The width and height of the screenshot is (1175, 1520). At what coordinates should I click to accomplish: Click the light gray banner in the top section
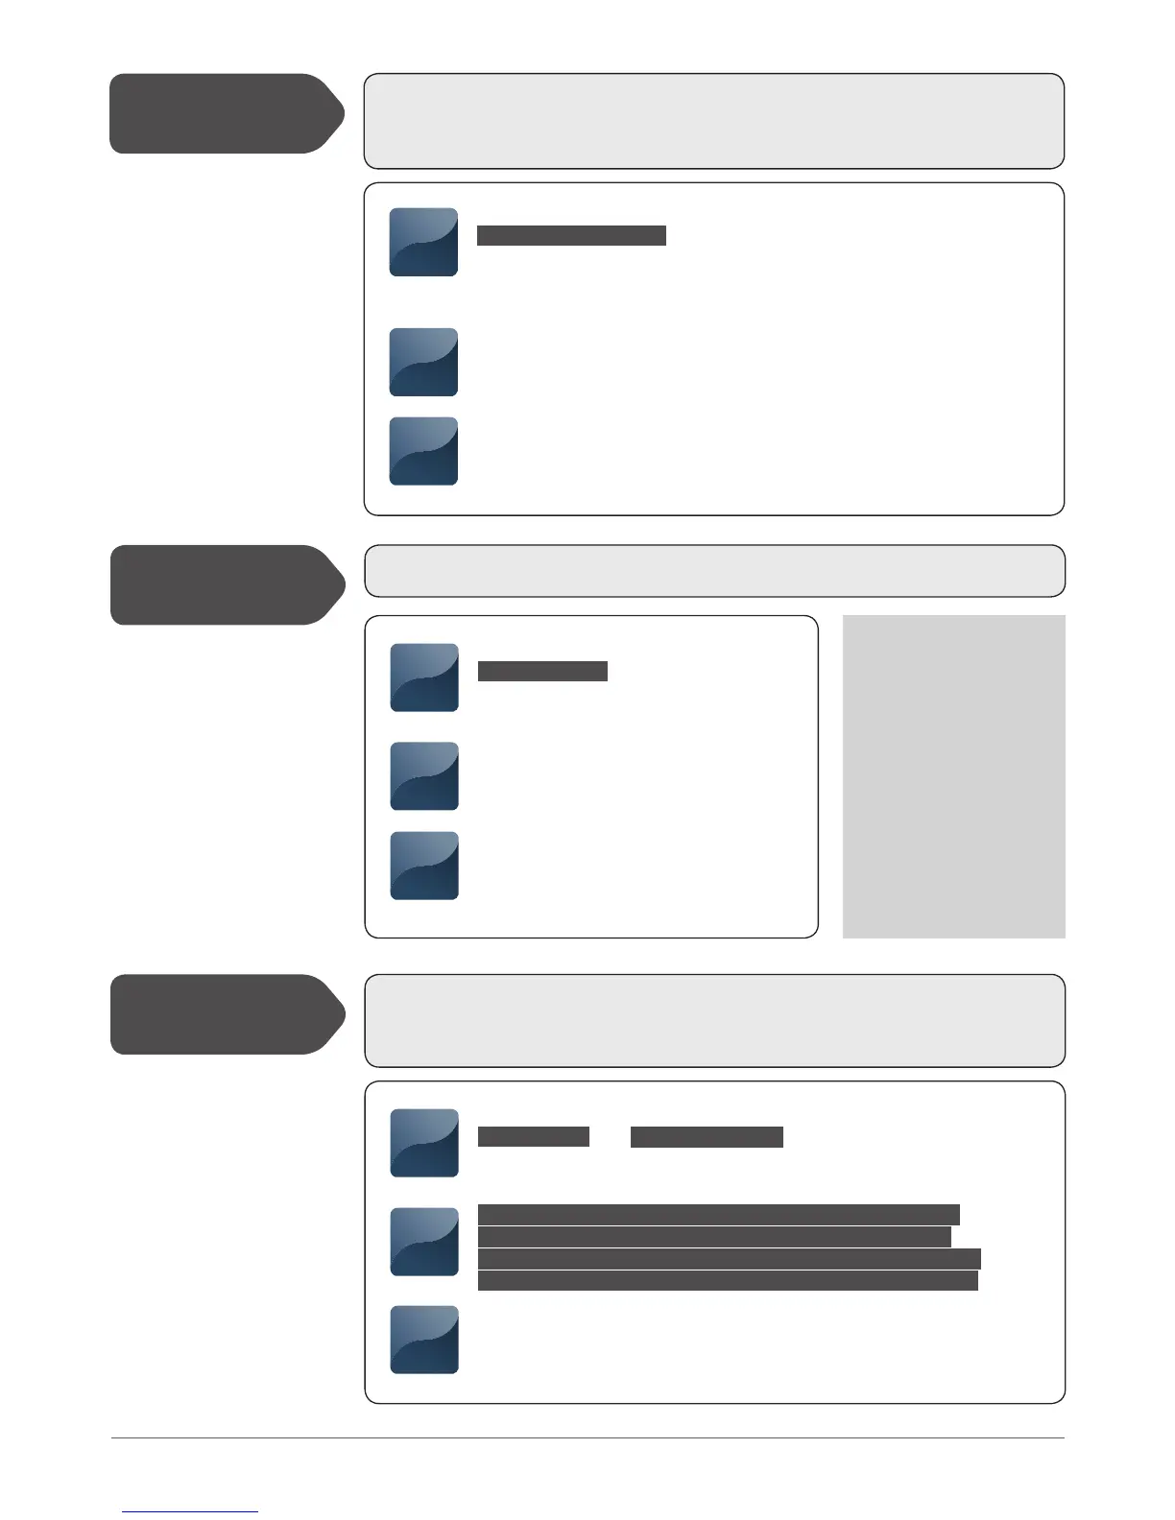pos(713,121)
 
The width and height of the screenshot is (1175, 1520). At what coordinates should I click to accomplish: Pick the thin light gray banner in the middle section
pos(714,571)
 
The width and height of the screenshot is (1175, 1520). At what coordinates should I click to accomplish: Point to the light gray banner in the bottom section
pos(714,1021)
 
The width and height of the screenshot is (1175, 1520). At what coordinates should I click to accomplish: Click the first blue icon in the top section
pos(423,242)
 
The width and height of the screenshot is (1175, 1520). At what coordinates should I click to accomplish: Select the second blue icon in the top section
pos(423,362)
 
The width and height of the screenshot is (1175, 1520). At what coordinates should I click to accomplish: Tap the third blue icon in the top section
pos(423,451)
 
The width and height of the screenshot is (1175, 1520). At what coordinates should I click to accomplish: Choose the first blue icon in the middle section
pos(424,677)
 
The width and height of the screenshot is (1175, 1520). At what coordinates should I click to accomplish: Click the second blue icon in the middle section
pos(424,775)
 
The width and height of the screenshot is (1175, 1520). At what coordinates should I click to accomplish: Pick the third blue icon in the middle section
pos(424,866)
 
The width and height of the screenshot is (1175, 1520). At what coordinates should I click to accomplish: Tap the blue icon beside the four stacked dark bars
pos(424,1242)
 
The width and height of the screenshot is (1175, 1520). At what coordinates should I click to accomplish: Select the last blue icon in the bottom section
pos(424,1340)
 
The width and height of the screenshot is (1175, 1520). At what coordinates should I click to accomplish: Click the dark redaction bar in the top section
pos(571,236)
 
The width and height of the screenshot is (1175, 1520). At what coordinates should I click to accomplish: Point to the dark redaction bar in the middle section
pos(542,671)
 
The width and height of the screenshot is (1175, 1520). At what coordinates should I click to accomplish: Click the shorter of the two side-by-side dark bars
pos(533,1136)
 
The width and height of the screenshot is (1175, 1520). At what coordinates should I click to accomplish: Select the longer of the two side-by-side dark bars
pos(707,1137)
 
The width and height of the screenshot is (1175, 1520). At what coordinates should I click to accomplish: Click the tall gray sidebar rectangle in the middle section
pos(953,776)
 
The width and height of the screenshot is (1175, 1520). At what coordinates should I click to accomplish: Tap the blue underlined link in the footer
pos(190,1511)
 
